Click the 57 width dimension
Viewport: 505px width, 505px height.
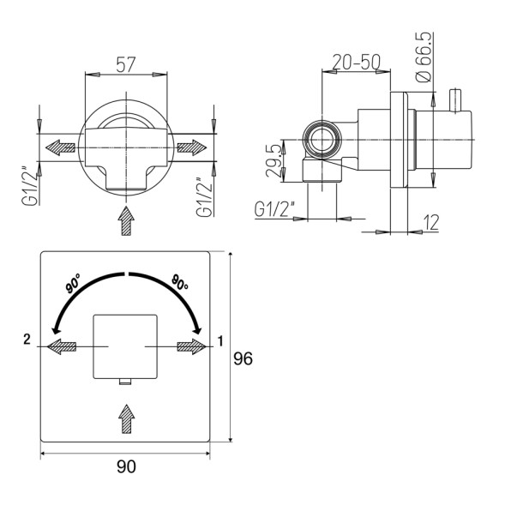click(x=126, y=64)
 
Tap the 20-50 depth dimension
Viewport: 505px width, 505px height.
click(x=356, y=62)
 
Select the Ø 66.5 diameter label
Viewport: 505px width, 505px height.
click(x=424, y=57)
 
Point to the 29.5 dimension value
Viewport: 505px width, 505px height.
click(x=274, y=161)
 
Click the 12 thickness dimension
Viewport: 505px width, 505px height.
click(x=430, y=222)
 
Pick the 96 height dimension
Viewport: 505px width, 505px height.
click(x=243, y=358)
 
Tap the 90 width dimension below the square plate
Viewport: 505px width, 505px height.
click(x=126, y=466)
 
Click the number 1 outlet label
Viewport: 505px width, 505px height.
click(x=220, y=341)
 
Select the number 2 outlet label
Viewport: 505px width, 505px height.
click(x=27, y=340)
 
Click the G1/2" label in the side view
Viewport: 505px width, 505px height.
click(x=274, y=209)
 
